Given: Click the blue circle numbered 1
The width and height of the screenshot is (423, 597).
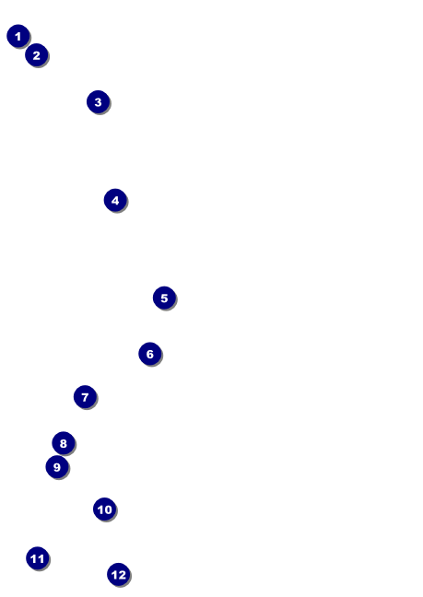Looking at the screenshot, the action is (x=18, y=36).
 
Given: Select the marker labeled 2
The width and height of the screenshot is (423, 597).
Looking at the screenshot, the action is (x=37, y=55).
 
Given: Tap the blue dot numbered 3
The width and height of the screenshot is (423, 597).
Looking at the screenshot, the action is (x=99, y=102).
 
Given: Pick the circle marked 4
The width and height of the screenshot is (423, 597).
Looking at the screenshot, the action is (x=115, y=200).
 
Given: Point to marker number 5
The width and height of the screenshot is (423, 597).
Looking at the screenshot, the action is (x=164, y=298).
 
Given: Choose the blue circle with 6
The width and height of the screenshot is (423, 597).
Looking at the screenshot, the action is (x=150, y=354).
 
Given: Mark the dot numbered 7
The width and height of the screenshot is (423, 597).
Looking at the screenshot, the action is (x=86, y=397).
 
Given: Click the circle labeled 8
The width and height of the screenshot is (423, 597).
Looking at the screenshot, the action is (x=64, y=443).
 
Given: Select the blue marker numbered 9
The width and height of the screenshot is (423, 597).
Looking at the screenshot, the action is (x=57, y=467).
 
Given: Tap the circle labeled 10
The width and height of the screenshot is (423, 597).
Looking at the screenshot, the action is (x=105, y=509).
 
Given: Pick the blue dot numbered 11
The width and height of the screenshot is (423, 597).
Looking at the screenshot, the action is (x=38, y=558).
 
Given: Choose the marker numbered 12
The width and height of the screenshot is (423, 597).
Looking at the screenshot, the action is (x=119, y=575).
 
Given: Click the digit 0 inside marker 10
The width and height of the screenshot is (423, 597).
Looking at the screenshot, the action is (x=108, y=509).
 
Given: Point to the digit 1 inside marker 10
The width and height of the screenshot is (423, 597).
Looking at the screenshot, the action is (x=100, y=509).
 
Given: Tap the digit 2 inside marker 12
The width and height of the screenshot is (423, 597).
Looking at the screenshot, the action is (x=122, y=575).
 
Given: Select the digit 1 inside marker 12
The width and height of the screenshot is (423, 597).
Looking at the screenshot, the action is (x=114, y=575).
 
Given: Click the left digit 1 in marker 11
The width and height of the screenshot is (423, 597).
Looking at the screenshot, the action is (x=33, y=559).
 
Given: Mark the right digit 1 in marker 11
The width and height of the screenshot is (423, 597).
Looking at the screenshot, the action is (x=41, y=559).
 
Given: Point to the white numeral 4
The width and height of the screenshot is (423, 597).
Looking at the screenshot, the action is (x=115, y=201).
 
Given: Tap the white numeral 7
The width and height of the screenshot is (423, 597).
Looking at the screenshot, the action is (x=86, y=397).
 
